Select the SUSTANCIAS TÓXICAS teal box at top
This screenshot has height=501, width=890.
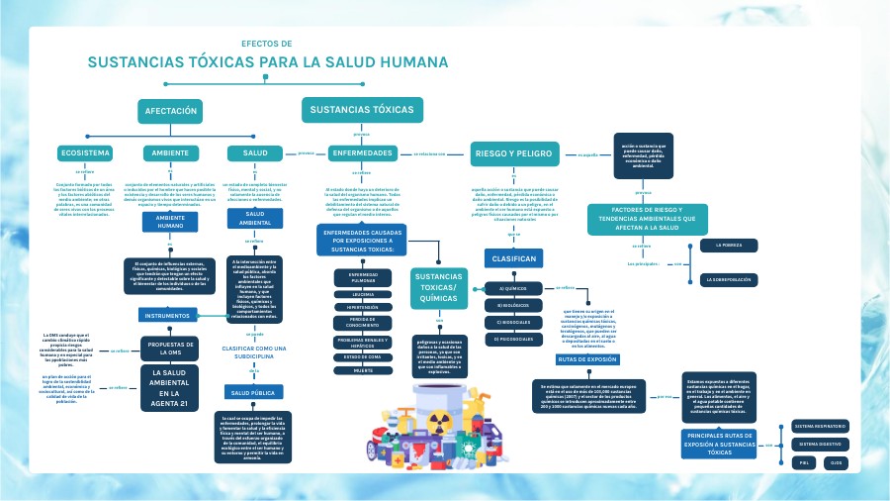362,109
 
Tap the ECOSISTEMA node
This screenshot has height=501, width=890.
85,153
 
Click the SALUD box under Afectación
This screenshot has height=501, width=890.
255,153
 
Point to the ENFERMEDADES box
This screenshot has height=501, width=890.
363,153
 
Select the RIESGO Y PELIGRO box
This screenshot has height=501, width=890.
512,153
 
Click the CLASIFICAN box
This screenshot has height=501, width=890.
512,258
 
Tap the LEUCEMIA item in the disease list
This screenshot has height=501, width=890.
363,295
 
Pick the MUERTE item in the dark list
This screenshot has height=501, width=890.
363,370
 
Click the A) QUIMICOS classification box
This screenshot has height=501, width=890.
512,289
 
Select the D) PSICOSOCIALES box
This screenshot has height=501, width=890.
512,339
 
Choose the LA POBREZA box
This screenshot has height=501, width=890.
729,245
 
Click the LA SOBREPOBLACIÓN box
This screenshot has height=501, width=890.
729,280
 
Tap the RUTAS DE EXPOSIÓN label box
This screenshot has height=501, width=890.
586,360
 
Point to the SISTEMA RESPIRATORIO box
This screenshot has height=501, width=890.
820,426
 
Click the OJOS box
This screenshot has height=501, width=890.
837,462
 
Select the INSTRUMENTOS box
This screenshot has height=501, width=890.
166,316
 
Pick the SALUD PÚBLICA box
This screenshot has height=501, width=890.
253,393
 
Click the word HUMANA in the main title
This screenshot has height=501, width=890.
401,62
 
